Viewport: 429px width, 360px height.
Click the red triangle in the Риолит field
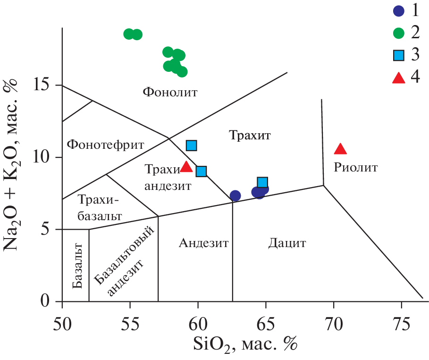coord(340,149)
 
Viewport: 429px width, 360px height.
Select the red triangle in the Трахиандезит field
coord(186,166)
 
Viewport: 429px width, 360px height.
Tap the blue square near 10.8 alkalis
coord(191,146)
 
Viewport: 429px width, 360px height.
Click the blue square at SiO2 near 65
coord(262,182)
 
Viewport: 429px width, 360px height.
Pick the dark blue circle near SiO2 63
coord(235,196)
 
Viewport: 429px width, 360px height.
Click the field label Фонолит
coord(170,92)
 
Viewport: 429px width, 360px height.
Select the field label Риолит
coord(356,167)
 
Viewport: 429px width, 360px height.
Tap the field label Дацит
coord(287,244)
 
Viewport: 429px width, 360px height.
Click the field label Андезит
coord(203,243)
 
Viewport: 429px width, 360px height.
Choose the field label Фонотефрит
coord(105,144)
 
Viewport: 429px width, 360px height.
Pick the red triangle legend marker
coord(399,77)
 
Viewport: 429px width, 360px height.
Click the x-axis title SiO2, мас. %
coord(245,344)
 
